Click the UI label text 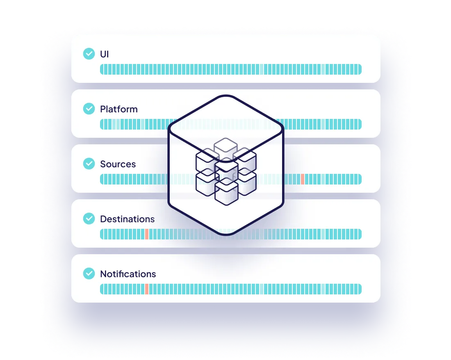105,54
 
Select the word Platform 118,109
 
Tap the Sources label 118,164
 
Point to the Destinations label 127,219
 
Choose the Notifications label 128,274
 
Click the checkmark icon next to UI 89,54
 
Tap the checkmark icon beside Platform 89,109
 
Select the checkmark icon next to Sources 89,164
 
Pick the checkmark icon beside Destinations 89,219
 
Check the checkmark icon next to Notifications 89,273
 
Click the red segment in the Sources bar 303,179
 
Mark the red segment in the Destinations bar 146,234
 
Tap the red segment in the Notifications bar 146,289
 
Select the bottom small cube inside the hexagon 226,193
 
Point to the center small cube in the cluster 226,169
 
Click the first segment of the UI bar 102,69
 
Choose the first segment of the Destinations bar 102,234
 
